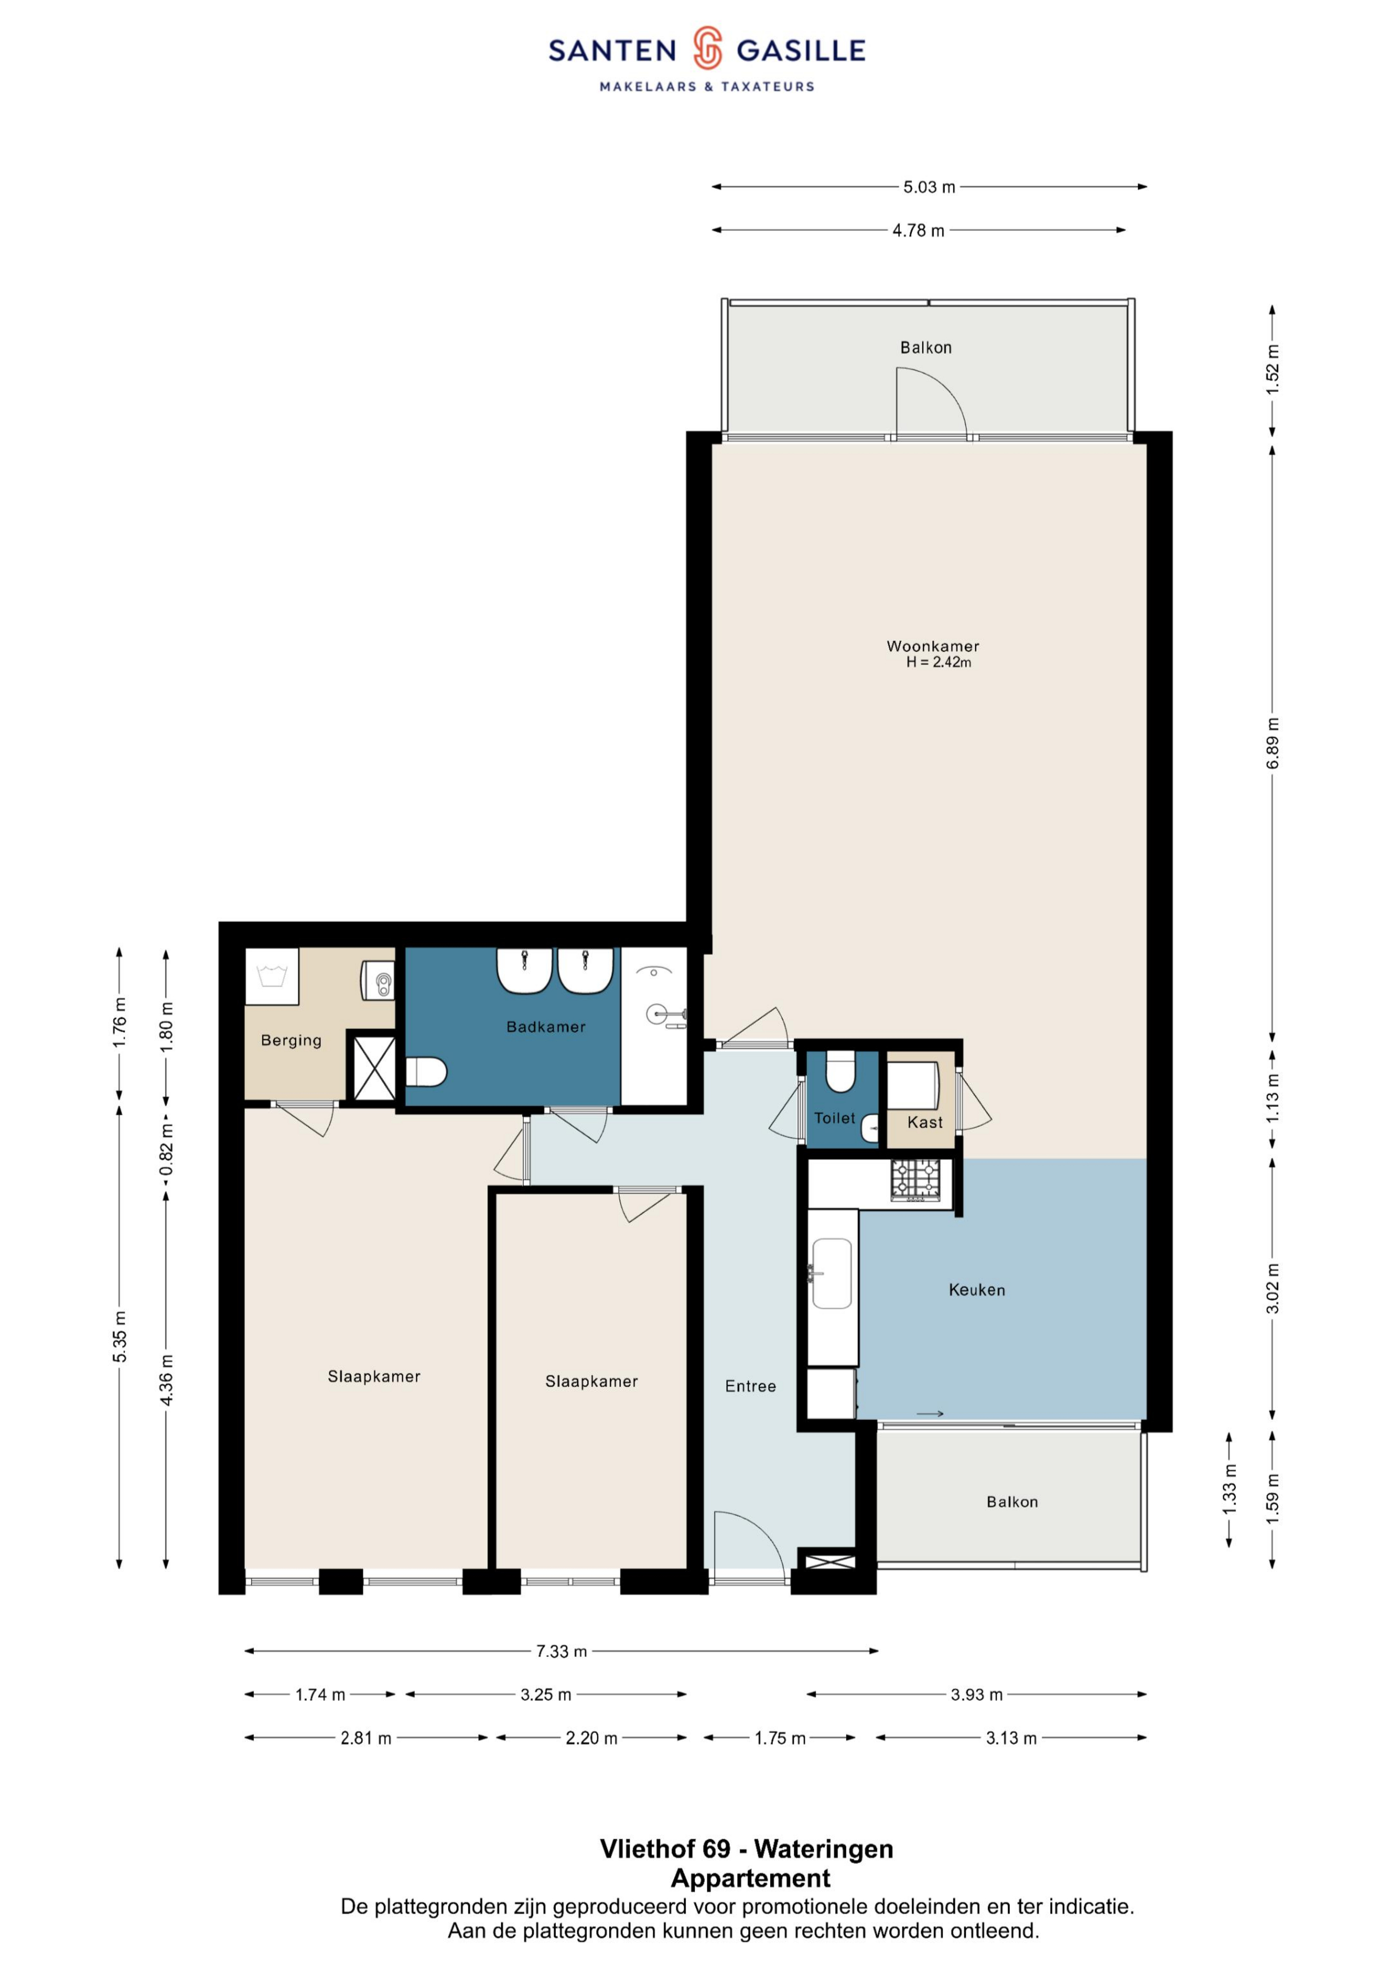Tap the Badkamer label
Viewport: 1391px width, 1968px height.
546,1027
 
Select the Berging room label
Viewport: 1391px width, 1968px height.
292,1040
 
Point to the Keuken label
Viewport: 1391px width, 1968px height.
977,1290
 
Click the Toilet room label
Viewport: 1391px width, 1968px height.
835,1118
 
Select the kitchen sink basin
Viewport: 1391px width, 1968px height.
832,1273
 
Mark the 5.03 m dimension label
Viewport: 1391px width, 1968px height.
929,187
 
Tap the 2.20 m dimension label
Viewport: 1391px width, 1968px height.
591,1738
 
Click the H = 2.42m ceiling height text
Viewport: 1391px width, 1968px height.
939,663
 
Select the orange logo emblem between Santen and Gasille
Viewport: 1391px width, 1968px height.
707,48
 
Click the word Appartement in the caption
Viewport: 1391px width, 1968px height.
751,1878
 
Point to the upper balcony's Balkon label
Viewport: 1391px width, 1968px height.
926,347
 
